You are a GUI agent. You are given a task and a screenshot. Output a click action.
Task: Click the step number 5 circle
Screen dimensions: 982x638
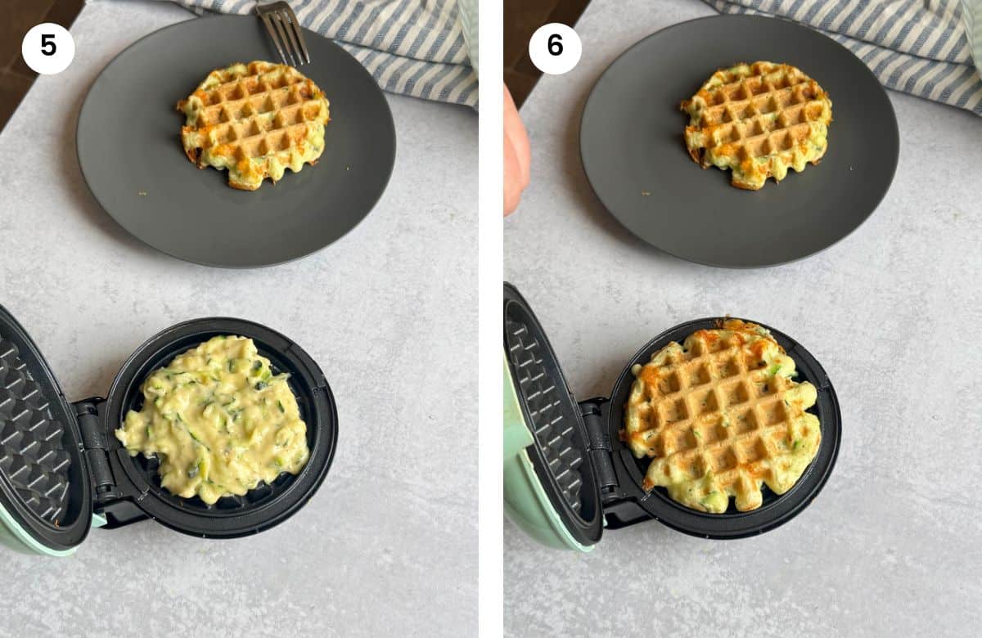(48, 48)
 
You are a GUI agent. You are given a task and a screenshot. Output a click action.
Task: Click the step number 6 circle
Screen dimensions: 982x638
(555, 48)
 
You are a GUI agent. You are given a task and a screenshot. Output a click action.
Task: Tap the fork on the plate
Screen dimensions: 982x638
(284, 32)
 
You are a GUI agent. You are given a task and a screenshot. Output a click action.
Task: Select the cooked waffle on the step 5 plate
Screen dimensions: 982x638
(254, 125)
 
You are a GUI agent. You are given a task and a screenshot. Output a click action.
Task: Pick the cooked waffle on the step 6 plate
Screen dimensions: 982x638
(756, 125)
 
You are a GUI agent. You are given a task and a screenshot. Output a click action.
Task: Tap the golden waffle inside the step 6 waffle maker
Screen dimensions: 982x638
(722, 416)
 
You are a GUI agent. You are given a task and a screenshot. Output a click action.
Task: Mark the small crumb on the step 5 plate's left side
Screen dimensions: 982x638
(142, 193)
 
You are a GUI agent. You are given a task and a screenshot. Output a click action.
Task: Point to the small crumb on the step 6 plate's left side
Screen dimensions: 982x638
(646, 193)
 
